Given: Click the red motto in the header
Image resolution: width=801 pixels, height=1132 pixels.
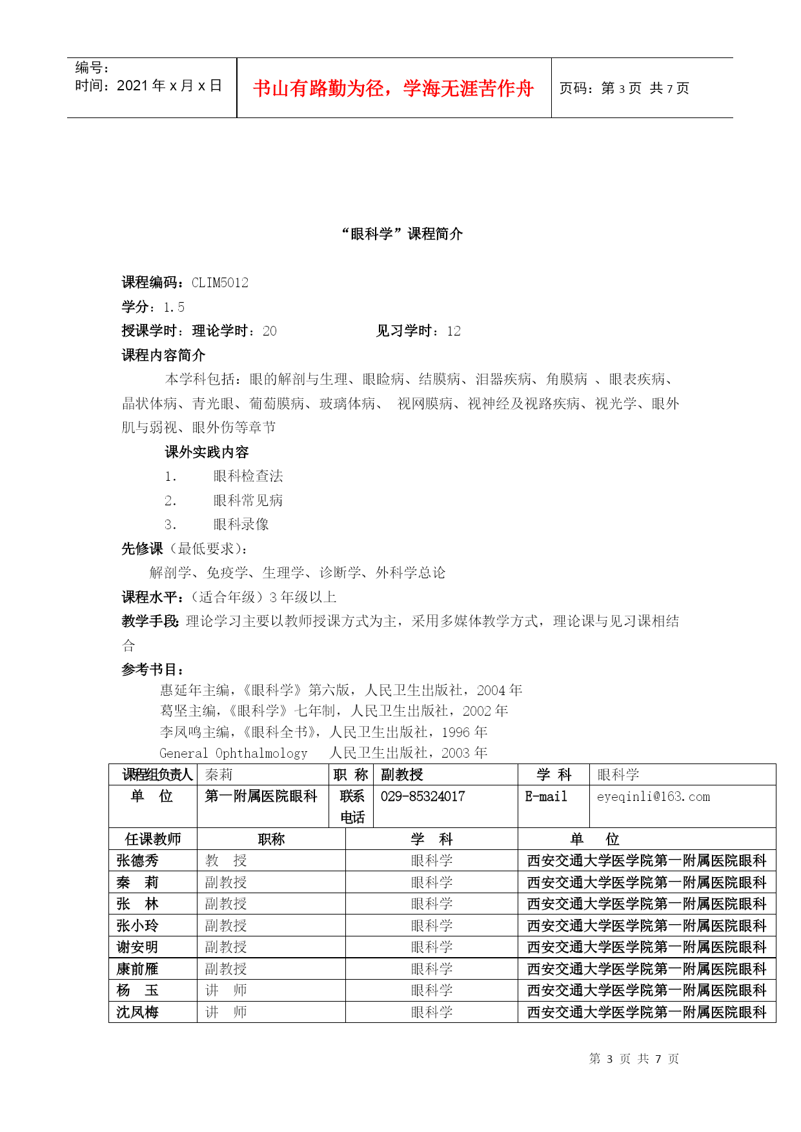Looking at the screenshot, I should [x=393, y=88].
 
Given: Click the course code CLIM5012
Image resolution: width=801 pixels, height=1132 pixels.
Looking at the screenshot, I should [x=220, y=283].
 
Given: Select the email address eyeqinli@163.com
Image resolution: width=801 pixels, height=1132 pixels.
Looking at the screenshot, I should [x=653, y=797].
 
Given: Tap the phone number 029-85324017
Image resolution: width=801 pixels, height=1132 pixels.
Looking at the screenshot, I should [x=423, y=796].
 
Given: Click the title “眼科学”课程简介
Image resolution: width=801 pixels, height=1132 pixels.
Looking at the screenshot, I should [x=401, y=234].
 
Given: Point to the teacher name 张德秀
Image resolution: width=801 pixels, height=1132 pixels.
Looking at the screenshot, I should [x=137, y=861].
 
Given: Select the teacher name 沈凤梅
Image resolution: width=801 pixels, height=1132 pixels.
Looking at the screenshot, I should [x=137, y=1013].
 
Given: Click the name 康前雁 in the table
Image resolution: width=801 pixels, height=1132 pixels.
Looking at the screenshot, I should [x=137, y=969].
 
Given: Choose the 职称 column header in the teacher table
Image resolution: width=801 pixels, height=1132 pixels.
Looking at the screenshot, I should [x=271, y=839].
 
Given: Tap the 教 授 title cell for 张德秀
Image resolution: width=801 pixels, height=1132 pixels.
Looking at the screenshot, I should [x=226, y=861].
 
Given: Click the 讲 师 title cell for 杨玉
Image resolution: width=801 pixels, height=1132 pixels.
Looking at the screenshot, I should [x=226, y=991].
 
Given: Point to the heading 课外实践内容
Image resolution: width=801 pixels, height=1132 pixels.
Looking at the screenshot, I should [x=207, y=452].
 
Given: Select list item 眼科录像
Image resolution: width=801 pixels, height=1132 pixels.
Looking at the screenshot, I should [x=241, y=525].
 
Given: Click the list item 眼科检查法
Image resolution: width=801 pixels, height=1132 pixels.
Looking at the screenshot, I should [x=248, y=476].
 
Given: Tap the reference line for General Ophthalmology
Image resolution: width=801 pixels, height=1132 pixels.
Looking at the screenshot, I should [x=323, y=753].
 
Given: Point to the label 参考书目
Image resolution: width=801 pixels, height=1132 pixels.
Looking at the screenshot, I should [x=152, y=670].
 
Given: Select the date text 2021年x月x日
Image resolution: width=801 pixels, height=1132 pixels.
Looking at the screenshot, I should [x=169, y=86].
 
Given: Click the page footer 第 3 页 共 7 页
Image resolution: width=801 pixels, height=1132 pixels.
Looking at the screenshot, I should [x=634, y=1059].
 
